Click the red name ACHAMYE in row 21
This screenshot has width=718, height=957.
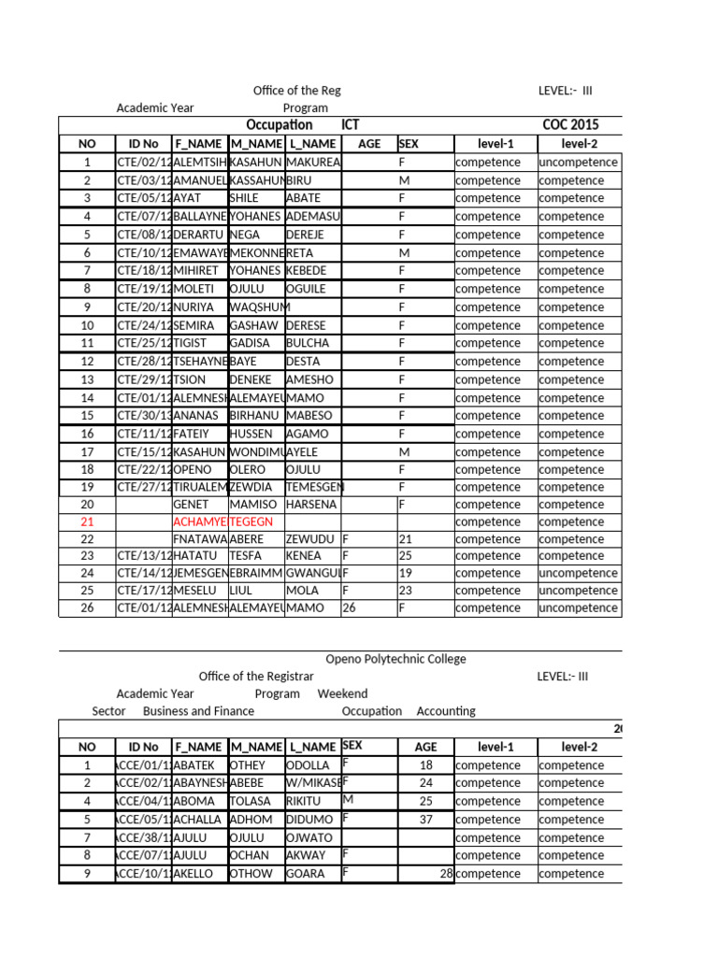click(x=199, y=521)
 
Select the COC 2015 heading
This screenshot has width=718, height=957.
click(x=570, y=125)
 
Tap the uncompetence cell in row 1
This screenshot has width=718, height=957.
click(x=578, y=163)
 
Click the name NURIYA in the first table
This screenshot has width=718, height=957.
click(x=194, y=307)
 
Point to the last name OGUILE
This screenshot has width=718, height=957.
click(x=308, y=289)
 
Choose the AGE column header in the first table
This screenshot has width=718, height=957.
click(x=369, y=144)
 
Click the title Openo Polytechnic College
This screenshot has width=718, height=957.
click(x=395, y=659)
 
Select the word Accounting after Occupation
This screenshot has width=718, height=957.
click(x=446, y=711)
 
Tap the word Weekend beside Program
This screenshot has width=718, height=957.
click(x=342, y=693)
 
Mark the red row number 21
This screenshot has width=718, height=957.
click(x=87, y=521)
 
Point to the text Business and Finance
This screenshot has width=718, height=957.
click(x=198, y=711)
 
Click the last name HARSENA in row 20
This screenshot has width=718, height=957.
click(x=310, y=504)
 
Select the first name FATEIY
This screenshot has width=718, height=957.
click(x=193, y=434)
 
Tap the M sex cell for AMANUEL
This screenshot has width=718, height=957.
click(x=405, y=180)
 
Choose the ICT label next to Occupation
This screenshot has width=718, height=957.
click(x=351, y=125)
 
